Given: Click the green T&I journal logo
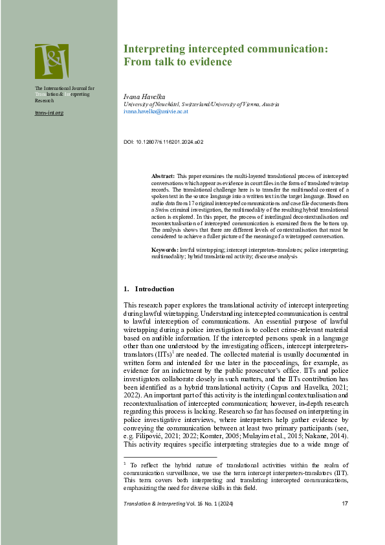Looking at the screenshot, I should pyautogui.click(x=51, y=61).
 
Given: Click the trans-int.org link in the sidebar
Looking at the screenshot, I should pyautogui.click(x=49, y=113).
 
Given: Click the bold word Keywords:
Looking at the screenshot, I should pyautogui.click(x=165, y=249).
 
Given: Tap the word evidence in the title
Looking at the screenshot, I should pyautogui.click(x=210, y=61).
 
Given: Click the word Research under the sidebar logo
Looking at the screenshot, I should pyautogui.click(x=45, y=101).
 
